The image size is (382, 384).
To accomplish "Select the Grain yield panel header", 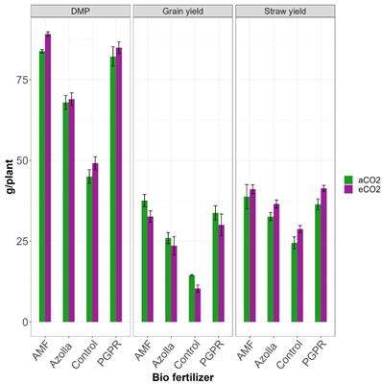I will [x=179, y=11].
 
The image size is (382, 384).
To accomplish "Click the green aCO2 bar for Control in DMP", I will [x=89, y=249].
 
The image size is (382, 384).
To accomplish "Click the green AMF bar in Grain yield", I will [x=145, y=261].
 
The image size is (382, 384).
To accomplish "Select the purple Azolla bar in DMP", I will [x=71, y=210].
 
